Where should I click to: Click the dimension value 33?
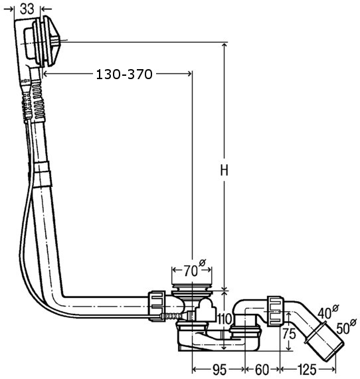pos(27,9)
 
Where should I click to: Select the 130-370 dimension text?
pos(124,74)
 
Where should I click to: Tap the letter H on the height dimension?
pos(224,170)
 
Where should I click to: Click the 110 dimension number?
pos(225,319)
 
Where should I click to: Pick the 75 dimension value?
pos(289,334)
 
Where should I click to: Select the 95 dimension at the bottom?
pos(219,369)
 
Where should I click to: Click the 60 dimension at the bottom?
pos(262,369)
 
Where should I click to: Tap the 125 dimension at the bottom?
pos(307,369)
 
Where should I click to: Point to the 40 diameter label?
pos(328,312)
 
